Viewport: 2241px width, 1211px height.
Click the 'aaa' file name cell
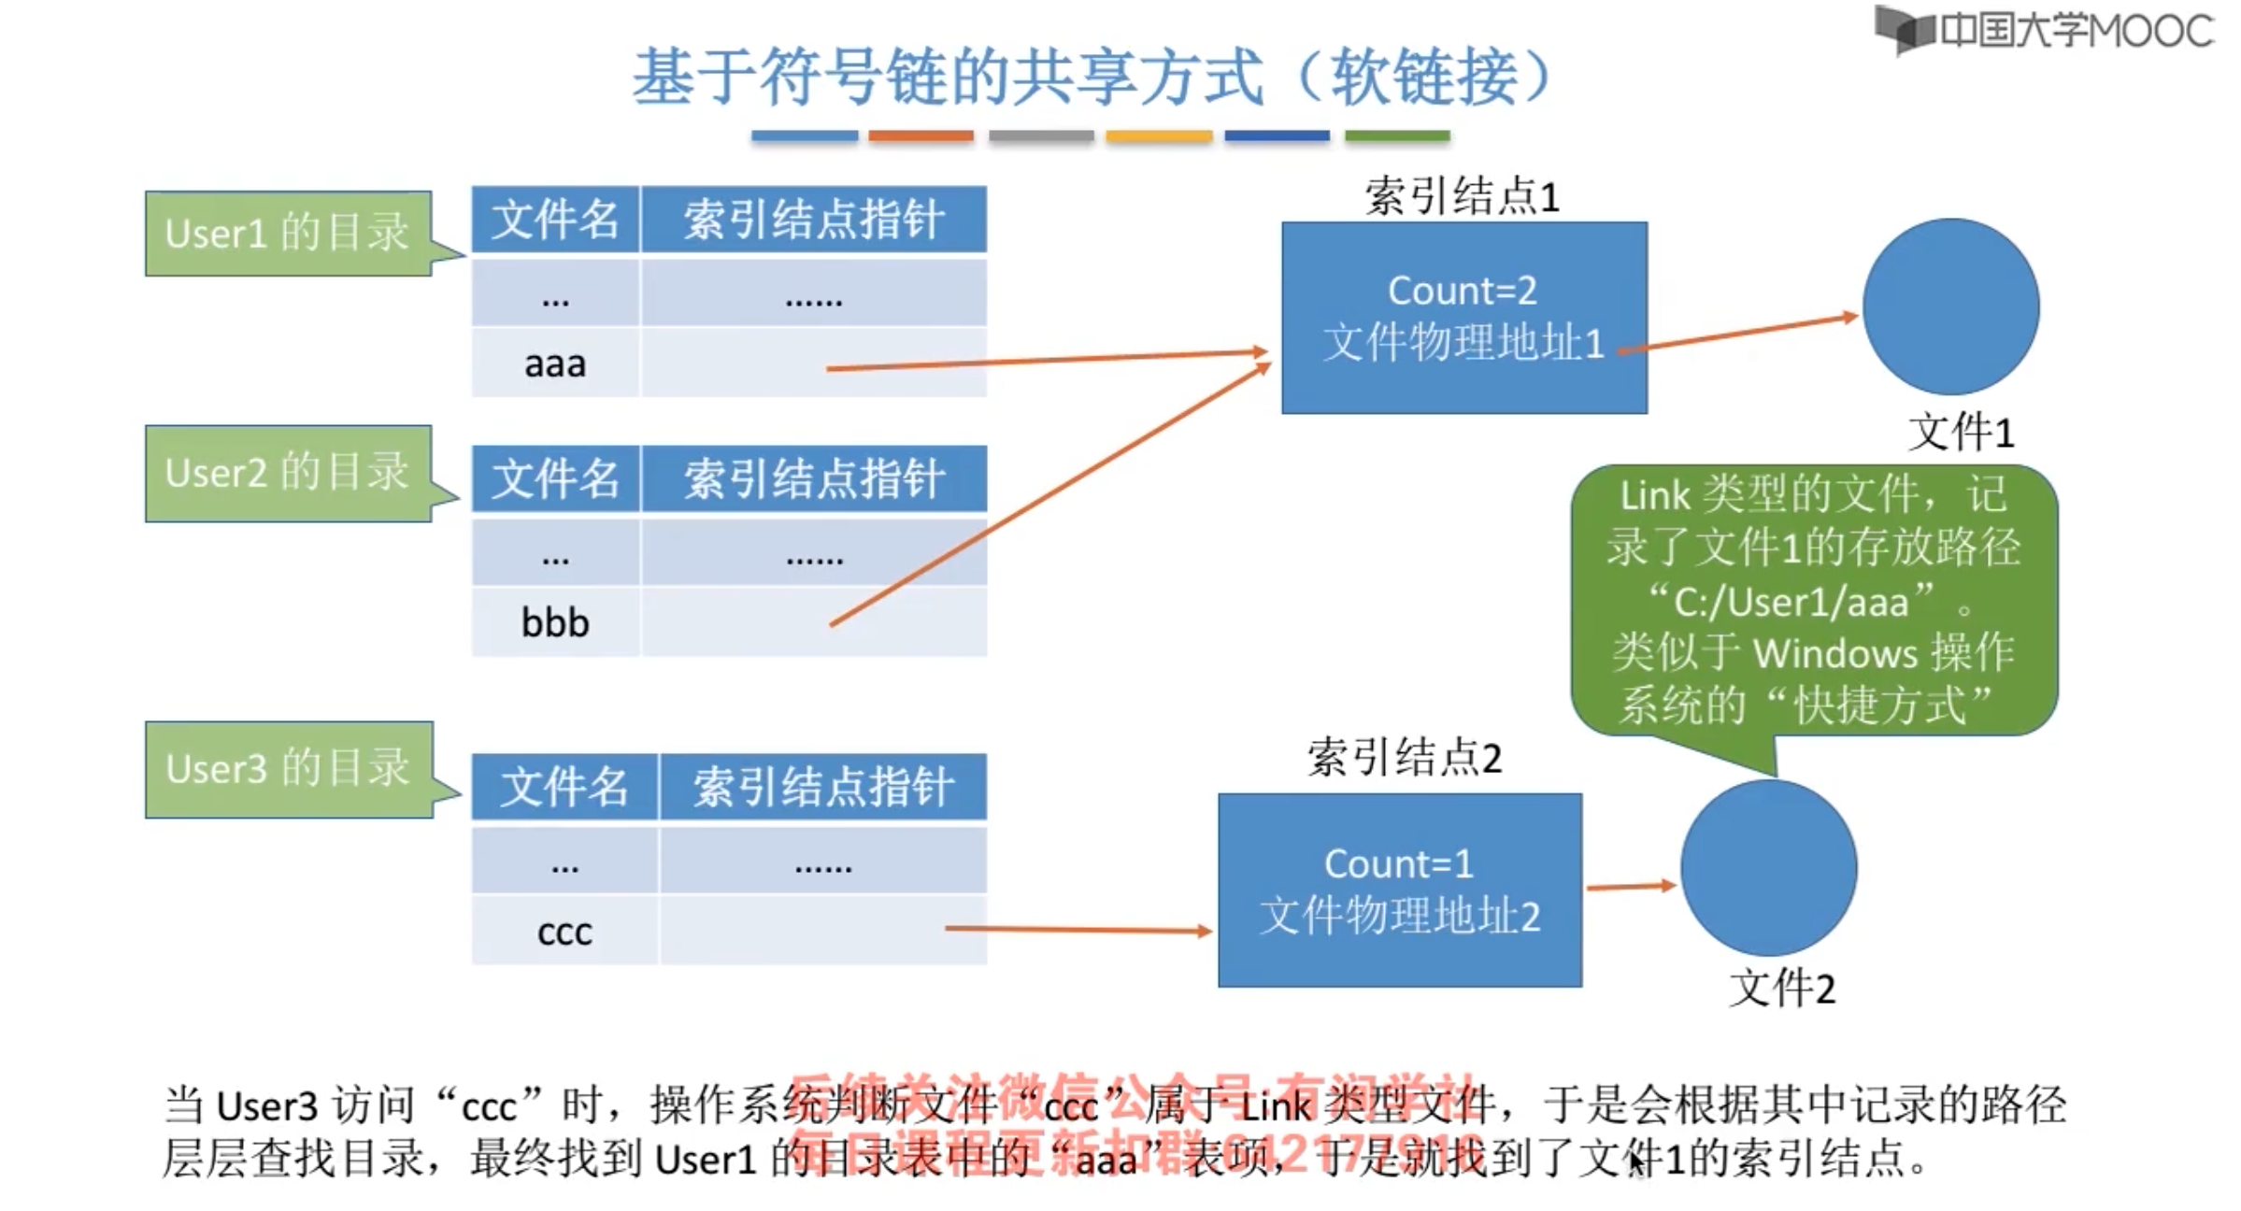point(555,363)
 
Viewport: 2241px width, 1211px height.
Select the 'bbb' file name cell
point(555,622)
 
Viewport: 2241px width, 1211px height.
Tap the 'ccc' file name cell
point(564,932)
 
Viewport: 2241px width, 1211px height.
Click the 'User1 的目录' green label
point(288,233)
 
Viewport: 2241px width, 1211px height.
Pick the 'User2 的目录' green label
point(288,473)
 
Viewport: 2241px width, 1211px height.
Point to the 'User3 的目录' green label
point(288,768)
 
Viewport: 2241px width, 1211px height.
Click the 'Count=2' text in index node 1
point(1462,291)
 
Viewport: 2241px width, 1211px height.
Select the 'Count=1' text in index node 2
point(1398,863)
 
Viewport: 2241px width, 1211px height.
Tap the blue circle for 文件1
point(1950,306)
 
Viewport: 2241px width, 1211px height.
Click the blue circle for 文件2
point(1768,868)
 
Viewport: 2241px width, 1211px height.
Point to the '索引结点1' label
point(1462,197)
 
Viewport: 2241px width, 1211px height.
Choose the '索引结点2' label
point(1404,758)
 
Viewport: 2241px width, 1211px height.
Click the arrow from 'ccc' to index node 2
point(1075,929)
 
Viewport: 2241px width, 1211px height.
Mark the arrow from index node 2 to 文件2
point(1631,886)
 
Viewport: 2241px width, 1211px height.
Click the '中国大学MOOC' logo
point(2045,31)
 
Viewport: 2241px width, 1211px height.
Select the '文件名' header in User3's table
point(564,787)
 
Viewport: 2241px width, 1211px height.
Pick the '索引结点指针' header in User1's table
point(813,221)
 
